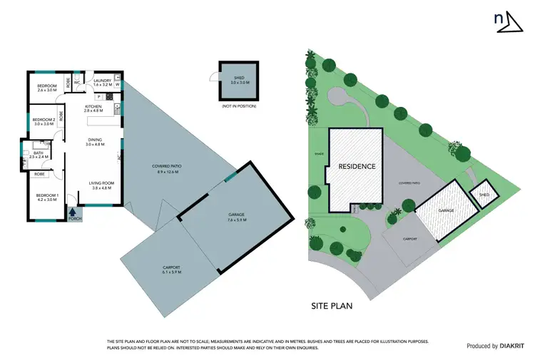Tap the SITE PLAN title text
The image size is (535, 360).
pyautogui.click(x=332, y=306)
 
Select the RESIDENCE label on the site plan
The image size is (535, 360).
pyautogui.click(x=357, y=166)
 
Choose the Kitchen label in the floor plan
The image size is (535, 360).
pyautogui.click(x=93, y=107)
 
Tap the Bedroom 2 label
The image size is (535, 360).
pyautogui.click(x=44, y=121)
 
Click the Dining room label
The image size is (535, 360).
pyautogui.click(x=95, y=141)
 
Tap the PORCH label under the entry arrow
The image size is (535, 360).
pyautogui.click(x=74, y=219)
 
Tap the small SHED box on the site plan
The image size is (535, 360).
pyautogui.click(x=484, y=194)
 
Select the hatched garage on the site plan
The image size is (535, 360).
pyautogui.click(x=447, y=211)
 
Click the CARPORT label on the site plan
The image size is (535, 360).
pyautogui.click(x=409, y=239)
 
